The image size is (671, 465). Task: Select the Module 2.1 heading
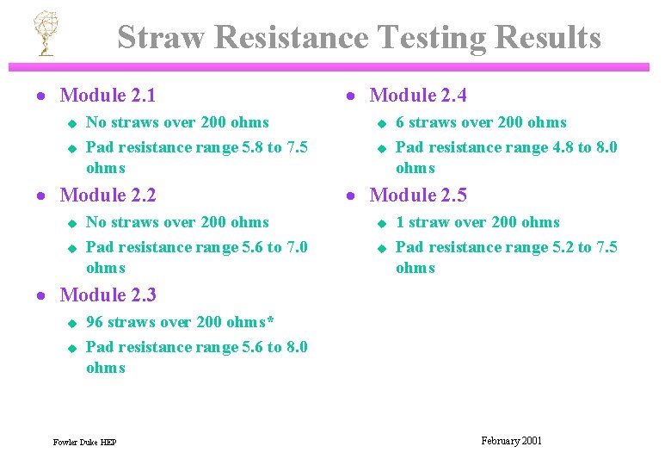(108, 96)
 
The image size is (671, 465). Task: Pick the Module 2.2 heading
(108, 195)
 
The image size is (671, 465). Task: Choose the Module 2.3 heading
(108, 295)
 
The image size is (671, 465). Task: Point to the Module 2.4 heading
(417, 96)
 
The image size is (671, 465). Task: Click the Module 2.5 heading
(417, 195)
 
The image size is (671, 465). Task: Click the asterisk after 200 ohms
(270, 321)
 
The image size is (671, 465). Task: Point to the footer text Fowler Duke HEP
(84, 443)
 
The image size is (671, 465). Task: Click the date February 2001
(511, 441)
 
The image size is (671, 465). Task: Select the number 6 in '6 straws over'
(400, 122)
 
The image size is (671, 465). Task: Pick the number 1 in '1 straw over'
(400, 222)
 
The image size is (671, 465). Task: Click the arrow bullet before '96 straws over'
(72, 323)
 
